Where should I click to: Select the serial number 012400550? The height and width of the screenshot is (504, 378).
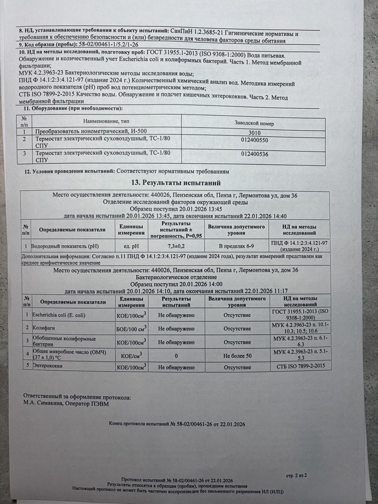point(254,140)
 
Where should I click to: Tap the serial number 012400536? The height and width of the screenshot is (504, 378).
point(254,154)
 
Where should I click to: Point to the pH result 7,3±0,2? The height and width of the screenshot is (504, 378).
point(176,246)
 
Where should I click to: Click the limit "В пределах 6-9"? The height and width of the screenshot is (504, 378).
point(236,246)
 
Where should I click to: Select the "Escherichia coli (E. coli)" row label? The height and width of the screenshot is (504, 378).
point(59,315)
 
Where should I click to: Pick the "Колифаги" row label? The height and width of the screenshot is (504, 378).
point(42,328)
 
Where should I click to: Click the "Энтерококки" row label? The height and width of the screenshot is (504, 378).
point(47,366)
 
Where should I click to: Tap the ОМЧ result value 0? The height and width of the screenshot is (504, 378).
point(176,356)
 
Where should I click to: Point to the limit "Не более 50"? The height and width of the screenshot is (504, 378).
point(237,356)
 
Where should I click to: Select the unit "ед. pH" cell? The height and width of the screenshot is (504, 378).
point(131,246)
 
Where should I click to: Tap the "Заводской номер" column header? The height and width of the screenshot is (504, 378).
point(254,123)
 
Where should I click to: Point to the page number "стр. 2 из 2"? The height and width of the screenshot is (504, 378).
point(296,475)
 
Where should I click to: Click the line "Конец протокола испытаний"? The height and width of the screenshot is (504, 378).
point(177,424)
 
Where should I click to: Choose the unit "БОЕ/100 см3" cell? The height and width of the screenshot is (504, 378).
point(132,328)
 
